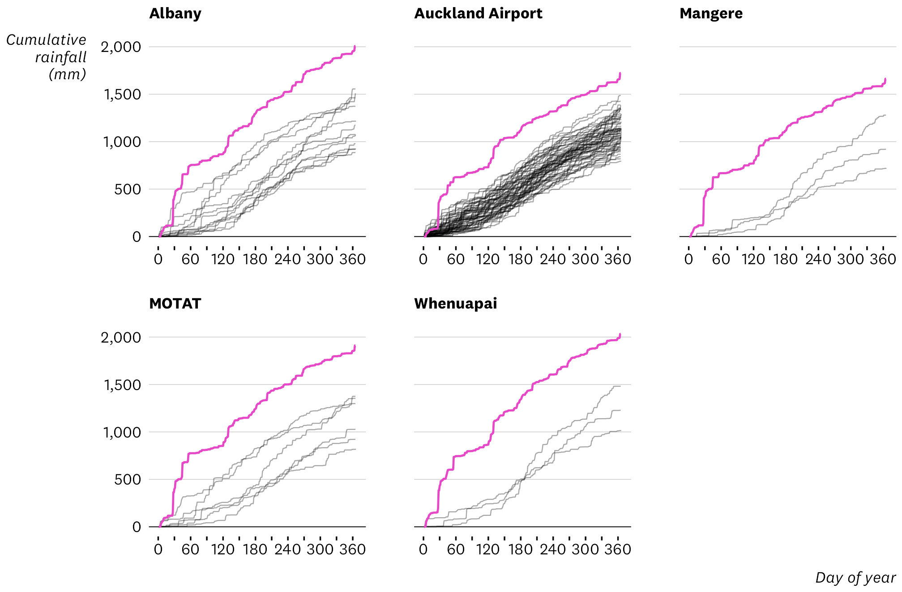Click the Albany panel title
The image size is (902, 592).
[175, 13]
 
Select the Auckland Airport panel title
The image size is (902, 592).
[478, 13]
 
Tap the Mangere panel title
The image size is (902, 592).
[711, 13]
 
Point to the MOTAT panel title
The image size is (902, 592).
[175, 304]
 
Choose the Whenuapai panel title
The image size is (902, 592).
[455, 304]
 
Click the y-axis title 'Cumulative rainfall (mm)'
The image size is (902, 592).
[46, 57]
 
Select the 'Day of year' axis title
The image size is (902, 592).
[855, 578]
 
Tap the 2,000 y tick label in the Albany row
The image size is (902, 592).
[120, 47]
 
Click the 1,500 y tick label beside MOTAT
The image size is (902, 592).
[122, 385]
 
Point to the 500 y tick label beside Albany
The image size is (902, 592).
[127, 189]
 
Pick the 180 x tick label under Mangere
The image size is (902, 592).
[786, 259]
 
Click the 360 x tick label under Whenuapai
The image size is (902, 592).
[618, 549]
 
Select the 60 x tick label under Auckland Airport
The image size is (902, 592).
[456, 259]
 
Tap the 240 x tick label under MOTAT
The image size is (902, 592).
[287, 549]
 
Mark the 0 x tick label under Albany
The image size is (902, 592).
[158, 259]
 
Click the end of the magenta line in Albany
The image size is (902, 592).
[355, 46]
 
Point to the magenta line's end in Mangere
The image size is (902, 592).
[885, 79]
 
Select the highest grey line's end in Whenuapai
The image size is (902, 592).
[620, 386]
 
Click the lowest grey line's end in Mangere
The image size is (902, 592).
[885, 168]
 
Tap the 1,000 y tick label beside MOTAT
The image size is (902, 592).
[122, 433]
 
